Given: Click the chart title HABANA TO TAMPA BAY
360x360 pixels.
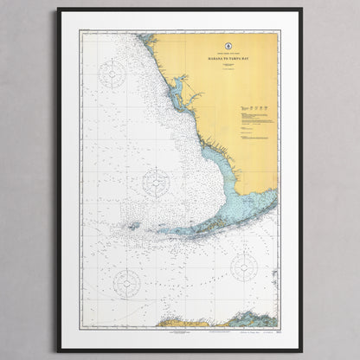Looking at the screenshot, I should pyautogui.click(x=213, y=59).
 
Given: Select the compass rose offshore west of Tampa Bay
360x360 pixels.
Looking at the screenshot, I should pyautogui.click(x=113, y=75).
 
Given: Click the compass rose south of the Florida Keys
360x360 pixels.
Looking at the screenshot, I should pyautogui.click(x=244, y=267).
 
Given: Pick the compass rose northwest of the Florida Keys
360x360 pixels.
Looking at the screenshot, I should pyautogui.click(x=156, y=182).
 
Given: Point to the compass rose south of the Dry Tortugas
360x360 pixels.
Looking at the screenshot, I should pyautogui.click(x=126, y=283).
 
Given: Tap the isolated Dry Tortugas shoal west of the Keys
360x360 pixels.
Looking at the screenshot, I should pyautogui.click(x=132, y=226).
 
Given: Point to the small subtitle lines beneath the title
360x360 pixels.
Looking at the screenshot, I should pyautogui.click(x=213, y=68).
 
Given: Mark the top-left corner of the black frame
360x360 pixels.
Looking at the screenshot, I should pyautogui.click(x=59, y=10).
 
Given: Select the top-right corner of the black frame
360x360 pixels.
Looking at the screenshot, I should pyautogui.click(x=301, y=10).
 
